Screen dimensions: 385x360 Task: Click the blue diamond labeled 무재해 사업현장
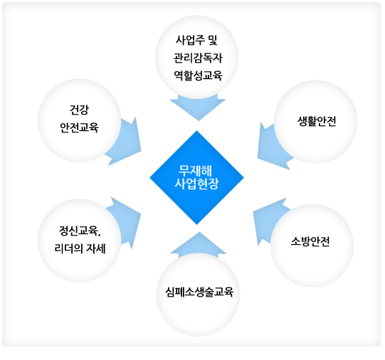tap(196, 177)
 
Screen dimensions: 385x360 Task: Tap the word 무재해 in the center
tap(195, 171)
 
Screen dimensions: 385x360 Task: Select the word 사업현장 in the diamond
tap(196, 184)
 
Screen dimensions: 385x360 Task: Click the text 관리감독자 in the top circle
tap(198, 58)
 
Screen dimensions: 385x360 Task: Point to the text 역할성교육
tap(198, 75)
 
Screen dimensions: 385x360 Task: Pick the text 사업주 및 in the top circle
tap(197, 41)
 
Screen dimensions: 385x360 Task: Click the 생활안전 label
tap(317, 121)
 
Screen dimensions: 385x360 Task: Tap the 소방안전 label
tap(310, 241)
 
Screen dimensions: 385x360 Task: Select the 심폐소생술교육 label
tap(199, 292)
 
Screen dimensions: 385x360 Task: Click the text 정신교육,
tap(80, 231)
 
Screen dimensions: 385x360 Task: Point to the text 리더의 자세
tap(80, 248)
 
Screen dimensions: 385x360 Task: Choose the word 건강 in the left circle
tap(79, 110)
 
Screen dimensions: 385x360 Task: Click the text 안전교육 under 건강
tap(79, 127)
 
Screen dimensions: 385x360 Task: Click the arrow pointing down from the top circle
tap(198, 107)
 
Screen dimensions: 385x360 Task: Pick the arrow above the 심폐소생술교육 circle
tap(199, 245)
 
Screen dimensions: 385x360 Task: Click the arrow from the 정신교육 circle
tap(126, 221)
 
